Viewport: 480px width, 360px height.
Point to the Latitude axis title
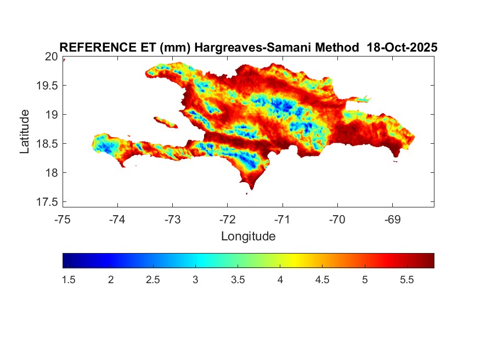tap(25, 132)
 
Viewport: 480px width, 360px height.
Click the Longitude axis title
tap(248, 237)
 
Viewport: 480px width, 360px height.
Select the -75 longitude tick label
tap(63, 220)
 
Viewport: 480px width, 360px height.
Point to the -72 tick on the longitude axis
tap(227, 220)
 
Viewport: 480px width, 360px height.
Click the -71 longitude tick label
tap(282, 220)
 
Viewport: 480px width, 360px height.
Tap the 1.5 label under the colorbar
tap(69, 280)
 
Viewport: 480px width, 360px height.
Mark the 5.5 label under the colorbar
tap(406, 280)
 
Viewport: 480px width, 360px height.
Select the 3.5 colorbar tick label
tap(238, 280)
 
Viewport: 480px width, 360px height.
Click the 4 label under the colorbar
tap(280, 280)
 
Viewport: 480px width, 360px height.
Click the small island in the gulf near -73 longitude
tap(165, 121)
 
